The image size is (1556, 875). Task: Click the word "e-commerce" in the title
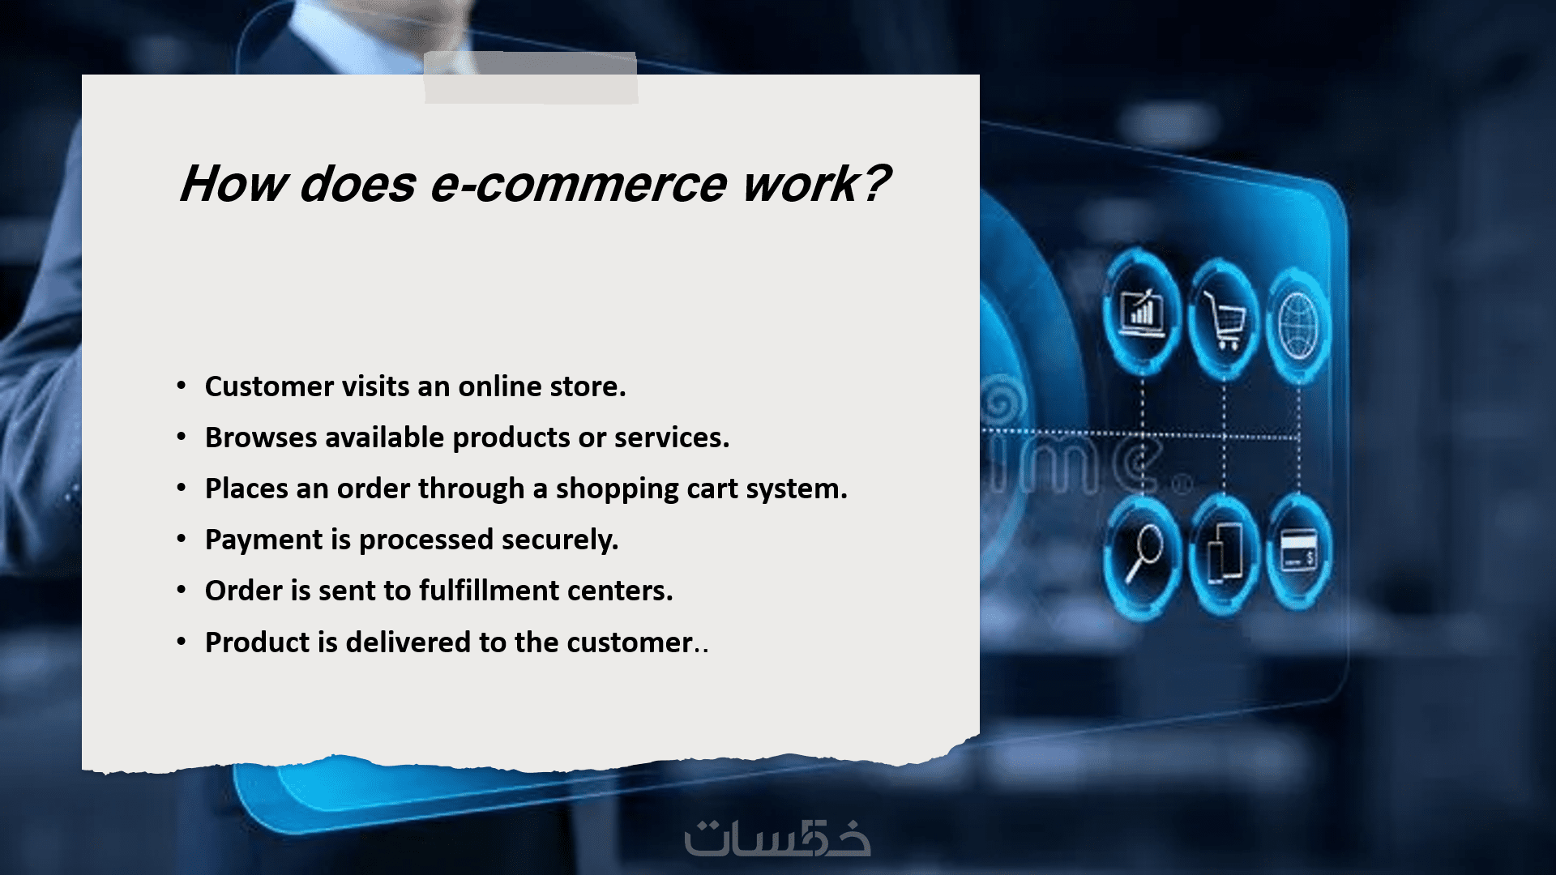pyautogui.click(x=578, y=184)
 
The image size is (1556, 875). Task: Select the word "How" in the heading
pyautogui.click(x=233, y=183)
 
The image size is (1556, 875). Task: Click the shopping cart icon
pyautogui.click(x=1224, y=319)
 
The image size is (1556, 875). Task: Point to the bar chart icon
pyautogui.click(x=1141, y=311)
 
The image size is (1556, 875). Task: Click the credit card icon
pyautogui.click(x=1298, y=552)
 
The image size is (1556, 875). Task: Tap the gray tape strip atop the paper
pyautogui.click(x=531, y=78)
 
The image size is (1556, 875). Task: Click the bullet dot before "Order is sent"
pyautogui.click(x=182, y=591)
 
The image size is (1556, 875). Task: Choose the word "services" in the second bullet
pyautogui.click(x=671, y=437)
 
